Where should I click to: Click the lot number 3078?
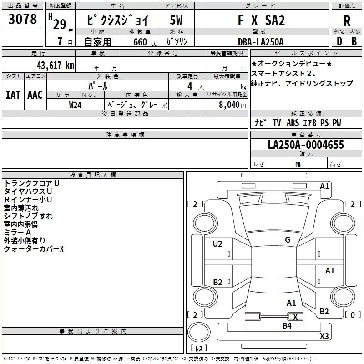click(22, 20)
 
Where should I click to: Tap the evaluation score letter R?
click(347, 21)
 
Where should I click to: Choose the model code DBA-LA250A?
click(261, 42)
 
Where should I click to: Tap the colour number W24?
click(76, 104)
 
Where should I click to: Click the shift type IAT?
click(13, 95)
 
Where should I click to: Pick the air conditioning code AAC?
click(35, 95)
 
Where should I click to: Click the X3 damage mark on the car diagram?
click(324, 336)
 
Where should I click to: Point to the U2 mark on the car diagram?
click(217, 244)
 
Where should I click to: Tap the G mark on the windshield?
click(288, 240)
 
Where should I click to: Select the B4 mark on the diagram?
click(287, 325)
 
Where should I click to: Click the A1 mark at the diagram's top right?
click(324, 187)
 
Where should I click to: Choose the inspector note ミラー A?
click(17, 233)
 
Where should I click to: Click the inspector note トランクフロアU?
click(31, 183)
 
